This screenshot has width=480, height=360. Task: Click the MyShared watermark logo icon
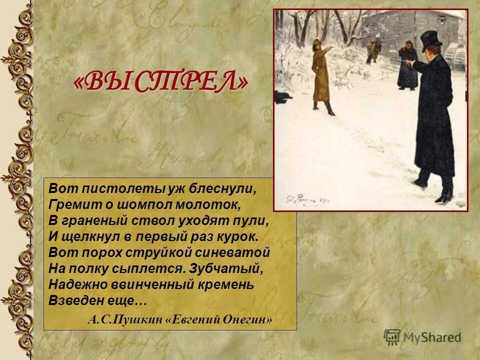coord(392,336)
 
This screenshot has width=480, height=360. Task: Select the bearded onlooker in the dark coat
coord(407,65)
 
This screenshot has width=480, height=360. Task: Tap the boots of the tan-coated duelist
coord(322,106)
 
